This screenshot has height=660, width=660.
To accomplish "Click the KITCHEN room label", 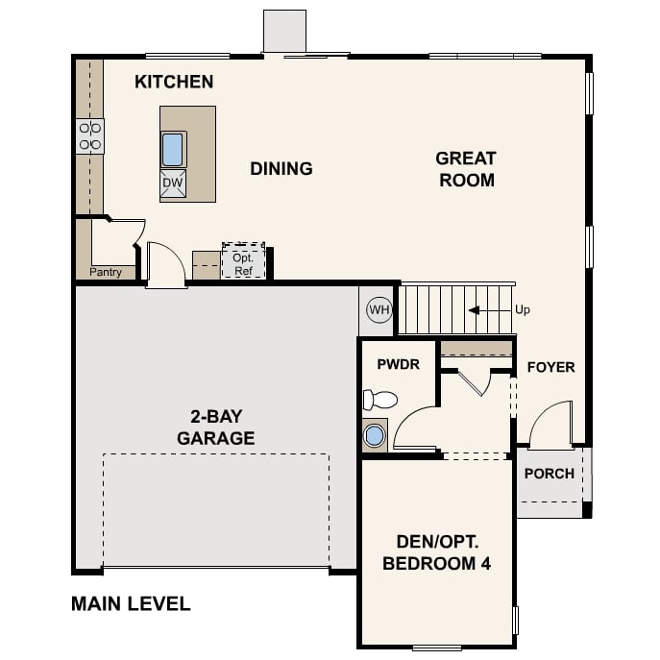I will [x=174, y=82].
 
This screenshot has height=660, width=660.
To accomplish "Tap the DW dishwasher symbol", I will [x=173, y=183].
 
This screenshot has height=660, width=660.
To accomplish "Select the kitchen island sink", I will [x=173, y=149].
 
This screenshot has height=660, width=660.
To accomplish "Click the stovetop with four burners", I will [x=90, y=135].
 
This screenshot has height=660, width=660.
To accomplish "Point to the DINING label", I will [x=281, y=169].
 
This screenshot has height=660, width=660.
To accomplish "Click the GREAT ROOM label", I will [x=466, y=169].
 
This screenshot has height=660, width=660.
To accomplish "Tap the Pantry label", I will [x=106, y=272].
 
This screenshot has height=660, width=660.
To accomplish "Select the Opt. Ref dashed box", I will [x=243, y=261].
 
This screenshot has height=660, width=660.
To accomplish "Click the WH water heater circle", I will [x=379, y=309].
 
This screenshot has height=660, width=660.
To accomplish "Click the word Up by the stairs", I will [x=523, y=310].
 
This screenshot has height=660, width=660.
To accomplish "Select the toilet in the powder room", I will [x=380, y=400].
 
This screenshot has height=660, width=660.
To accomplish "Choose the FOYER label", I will [x=551, y=367].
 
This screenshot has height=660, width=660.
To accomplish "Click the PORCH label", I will [x=550, y=474].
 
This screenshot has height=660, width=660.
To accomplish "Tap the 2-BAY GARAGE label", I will [x=216, y=428].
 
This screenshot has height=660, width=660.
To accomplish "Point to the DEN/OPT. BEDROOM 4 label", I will [x=437, y=552].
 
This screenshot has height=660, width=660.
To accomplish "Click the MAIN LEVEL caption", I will [x=131, y=604].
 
